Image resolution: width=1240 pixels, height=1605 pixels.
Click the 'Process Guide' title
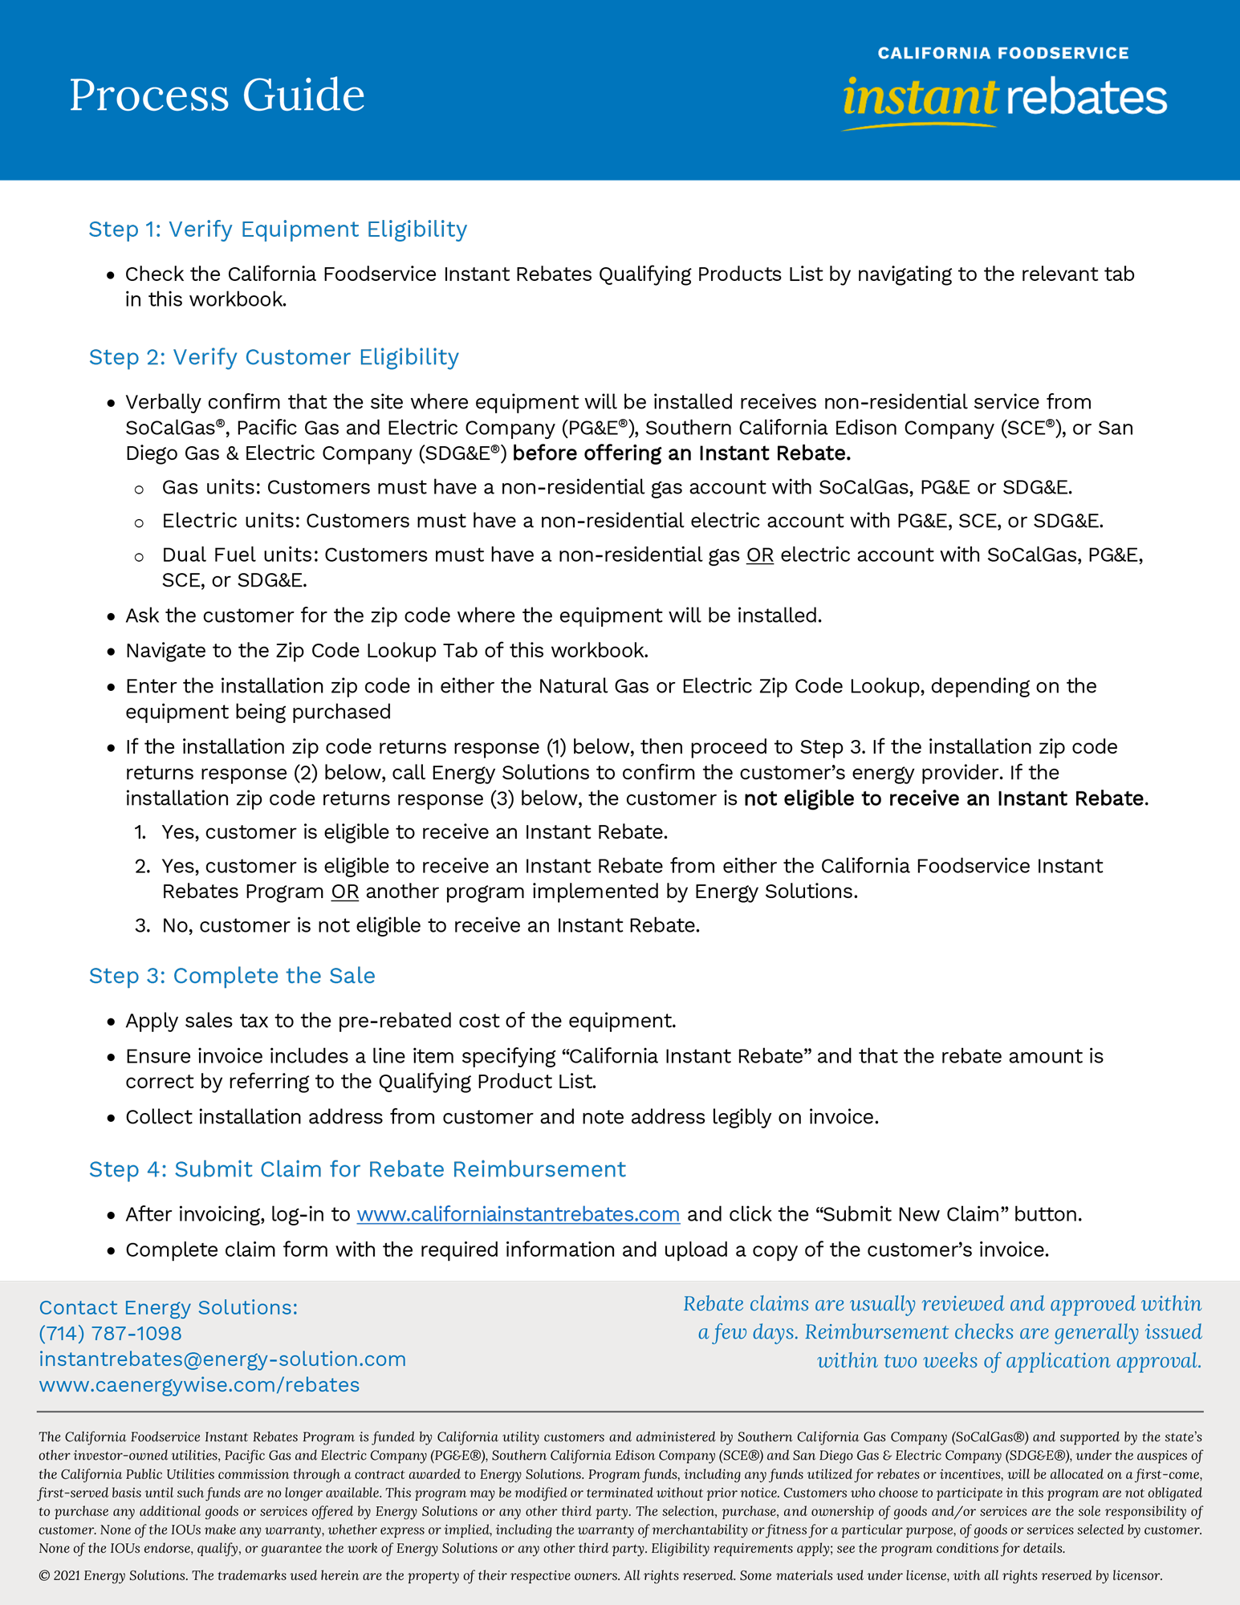(217, 95)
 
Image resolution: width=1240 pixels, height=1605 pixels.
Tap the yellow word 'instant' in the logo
(919, 98)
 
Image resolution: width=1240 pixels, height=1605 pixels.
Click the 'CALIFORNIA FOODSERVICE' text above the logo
(1002, 53)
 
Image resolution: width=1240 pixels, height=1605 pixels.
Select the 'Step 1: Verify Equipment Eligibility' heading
(278, 230)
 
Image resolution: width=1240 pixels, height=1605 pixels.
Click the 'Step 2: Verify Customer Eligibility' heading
(274, 357)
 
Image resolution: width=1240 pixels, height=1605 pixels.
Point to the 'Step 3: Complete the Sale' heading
(232, 976)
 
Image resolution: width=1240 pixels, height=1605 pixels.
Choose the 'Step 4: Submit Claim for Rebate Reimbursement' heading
(357, 1169)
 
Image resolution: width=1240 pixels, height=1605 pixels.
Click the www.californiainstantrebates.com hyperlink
(518, 1215)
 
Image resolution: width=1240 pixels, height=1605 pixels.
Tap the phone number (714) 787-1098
(110, 1333)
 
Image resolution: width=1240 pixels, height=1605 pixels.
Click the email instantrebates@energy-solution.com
(222, 1359)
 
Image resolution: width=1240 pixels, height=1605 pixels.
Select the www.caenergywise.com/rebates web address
(199, 1384)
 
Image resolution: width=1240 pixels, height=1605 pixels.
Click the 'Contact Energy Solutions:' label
(168, 1307)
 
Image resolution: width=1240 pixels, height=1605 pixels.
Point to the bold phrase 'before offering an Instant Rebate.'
(681, 453)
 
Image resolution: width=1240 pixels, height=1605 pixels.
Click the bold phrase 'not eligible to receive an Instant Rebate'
(944, 798)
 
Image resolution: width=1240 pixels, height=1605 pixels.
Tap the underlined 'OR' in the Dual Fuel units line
(759, 555)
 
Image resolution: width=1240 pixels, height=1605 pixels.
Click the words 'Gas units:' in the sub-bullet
(211, 488)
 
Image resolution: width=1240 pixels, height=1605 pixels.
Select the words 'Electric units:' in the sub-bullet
(230, 522)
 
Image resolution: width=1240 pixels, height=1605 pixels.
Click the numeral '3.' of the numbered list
(142, 926)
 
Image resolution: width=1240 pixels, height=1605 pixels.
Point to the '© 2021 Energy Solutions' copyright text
(113, 1575)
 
